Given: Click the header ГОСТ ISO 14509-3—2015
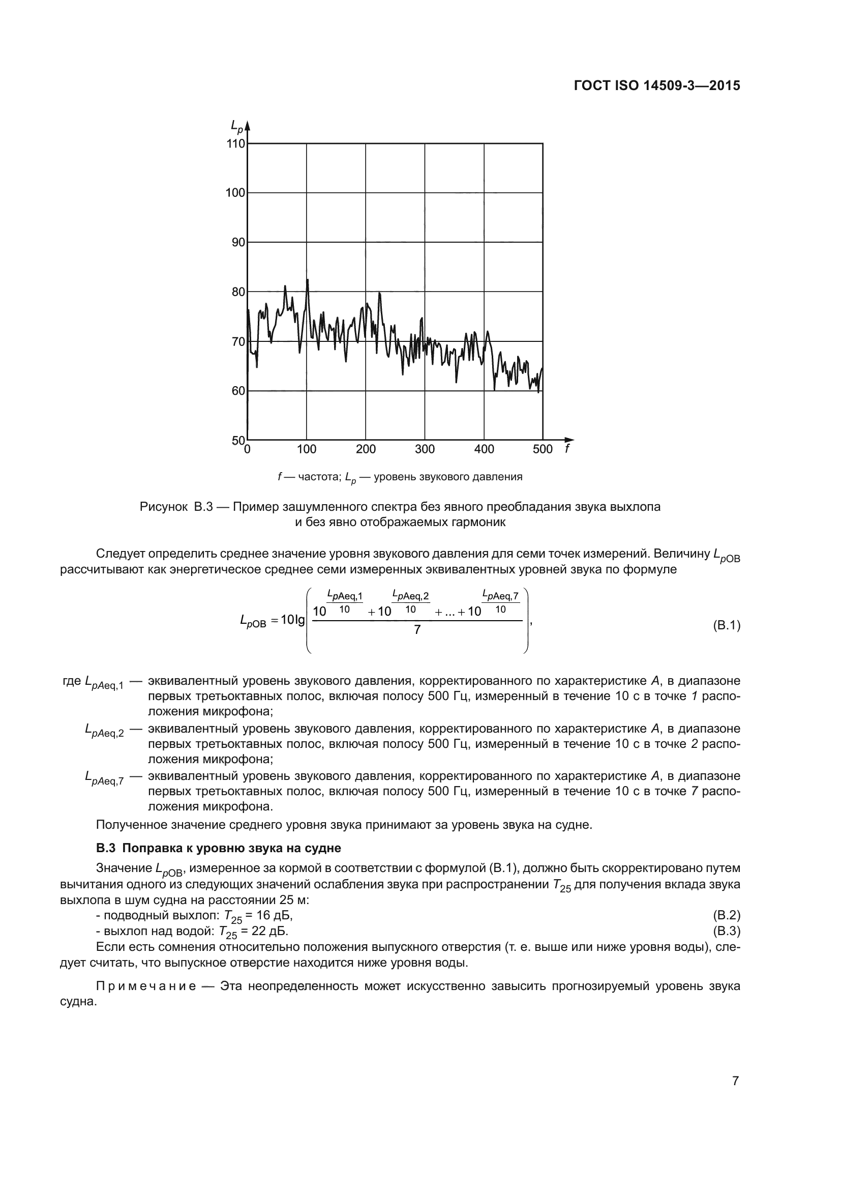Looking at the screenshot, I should click(x=656, y=85).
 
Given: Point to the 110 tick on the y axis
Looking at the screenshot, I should click(x=236, y=143).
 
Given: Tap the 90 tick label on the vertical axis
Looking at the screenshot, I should click(x=238, y=243).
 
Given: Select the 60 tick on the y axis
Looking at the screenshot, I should click(x=238, y=391).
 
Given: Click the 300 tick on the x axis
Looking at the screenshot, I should click(x=425, y=449).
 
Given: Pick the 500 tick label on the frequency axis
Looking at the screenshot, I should click(x=543, y=449).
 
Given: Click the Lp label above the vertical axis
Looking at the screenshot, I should click(x=236, y=126).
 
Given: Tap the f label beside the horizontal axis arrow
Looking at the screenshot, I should click(x=567, y=449).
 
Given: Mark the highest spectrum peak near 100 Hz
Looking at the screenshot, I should click(x=308, y=280).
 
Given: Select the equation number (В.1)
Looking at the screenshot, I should click(x=727, y=626).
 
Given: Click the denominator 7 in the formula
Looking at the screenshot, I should click(x=417, y=630).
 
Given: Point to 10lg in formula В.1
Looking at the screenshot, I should click(x=292, y=621).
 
